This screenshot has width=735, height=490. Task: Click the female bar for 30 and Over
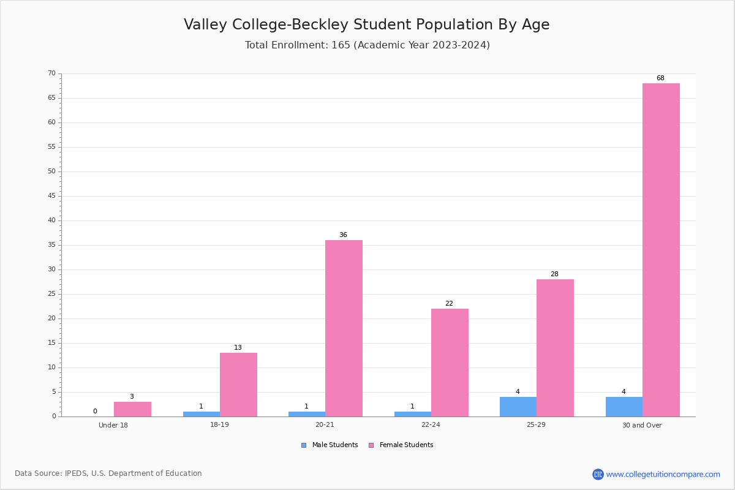pyautogui.click(x=661, y=250)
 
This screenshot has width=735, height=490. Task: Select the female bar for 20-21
pyautogui.click(x=344, y=328)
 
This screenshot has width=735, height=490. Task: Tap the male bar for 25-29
pyautogui.click(x=518, y=407)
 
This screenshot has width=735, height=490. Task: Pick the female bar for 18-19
pyautogui.click(x=238, y=385)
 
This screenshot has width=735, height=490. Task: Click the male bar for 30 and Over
pyautogui.click(x=624, y=407)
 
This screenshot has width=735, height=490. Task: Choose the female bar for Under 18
pyautogui.click(x=132, y=409)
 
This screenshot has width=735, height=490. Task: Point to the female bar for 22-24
pyautogui.click(x=450, y=363)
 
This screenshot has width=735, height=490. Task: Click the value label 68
pyautogui.click(x=660, y=78)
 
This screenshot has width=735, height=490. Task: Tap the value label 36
pyautogui.click(x=343, y=235)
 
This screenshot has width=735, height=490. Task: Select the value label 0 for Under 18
pyautogui.click(x=95, y=411)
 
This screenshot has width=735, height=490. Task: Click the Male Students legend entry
pyautogui.click(x=330, y=445)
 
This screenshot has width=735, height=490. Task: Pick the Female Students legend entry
pyautogui.click(x=401, y=445)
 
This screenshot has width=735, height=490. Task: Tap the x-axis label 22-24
pyautogui.click(x=431, y=424)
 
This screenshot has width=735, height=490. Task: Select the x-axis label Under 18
pyautogui.click(x=113, y=425)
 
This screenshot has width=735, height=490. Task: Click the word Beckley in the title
pyautogui.click(x=319, y=24)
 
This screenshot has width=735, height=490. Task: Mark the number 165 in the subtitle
pyautogui.click(x=341, y=45)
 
